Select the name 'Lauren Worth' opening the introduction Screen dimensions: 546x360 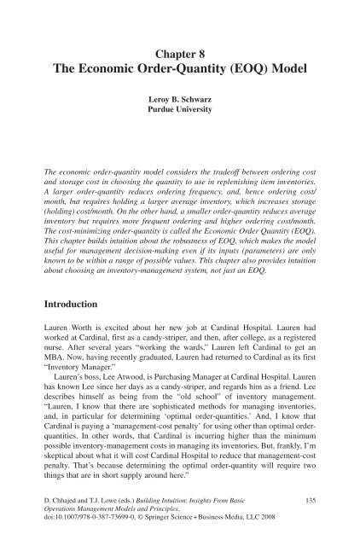tap(74, 310)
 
